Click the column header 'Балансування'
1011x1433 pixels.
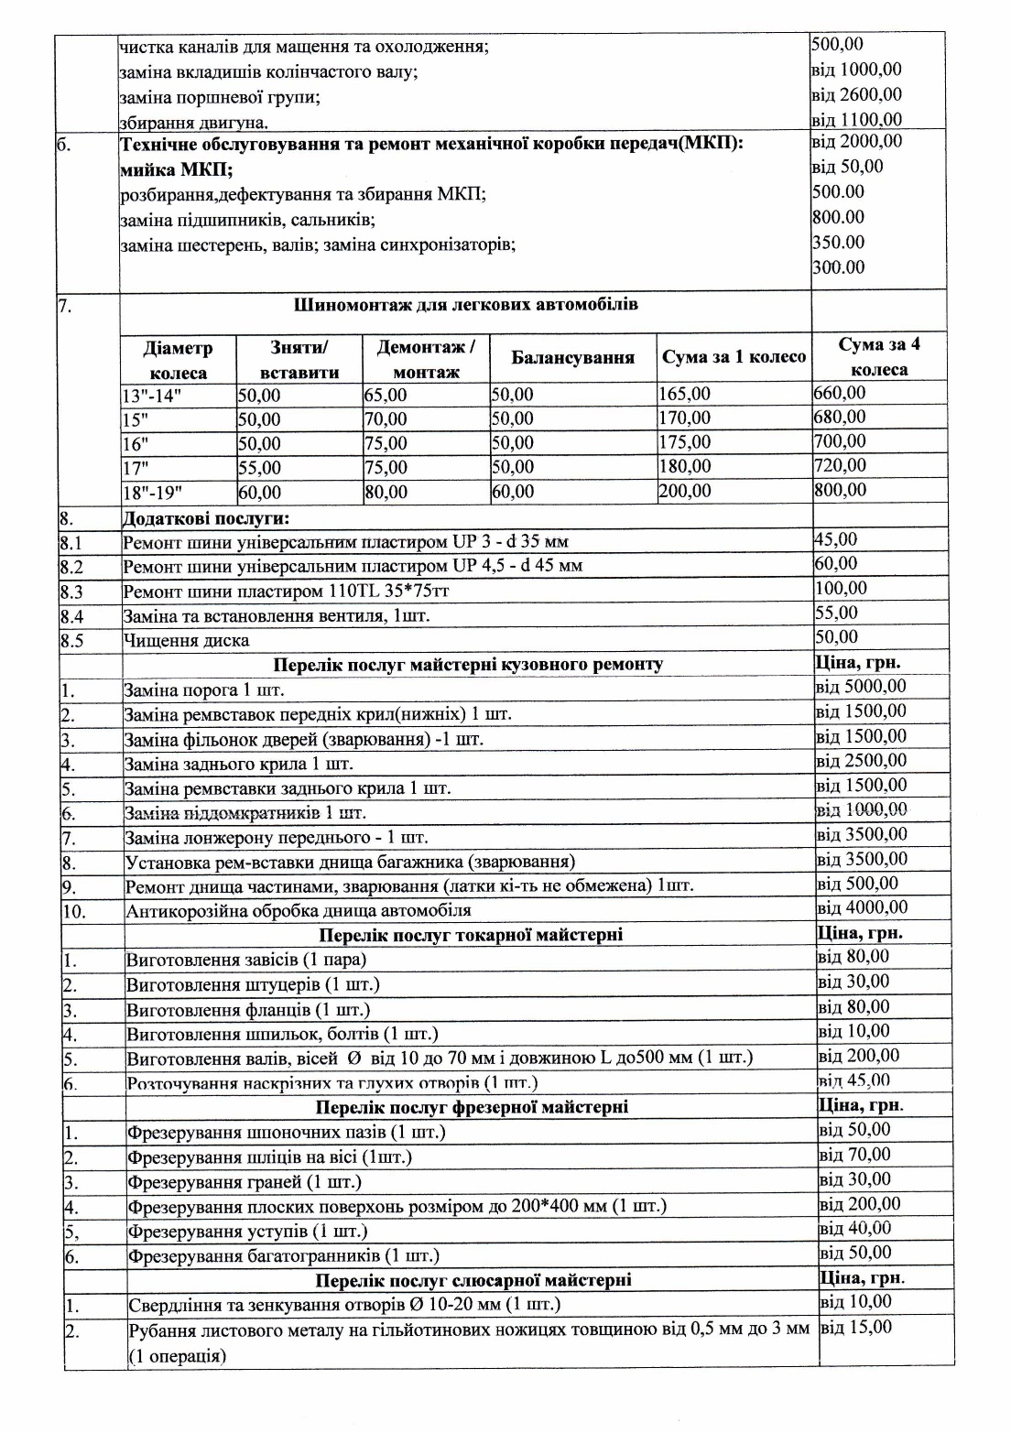[x=572, y=358]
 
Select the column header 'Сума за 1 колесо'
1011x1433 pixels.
[x=734, y=357]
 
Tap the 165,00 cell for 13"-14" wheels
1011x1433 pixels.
[x=685, y=395]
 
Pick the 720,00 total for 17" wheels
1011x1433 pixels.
[x=840, y=465]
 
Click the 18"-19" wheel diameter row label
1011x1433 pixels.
[x=152, y=492]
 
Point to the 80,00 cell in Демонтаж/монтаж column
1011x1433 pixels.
[x=386, y=492]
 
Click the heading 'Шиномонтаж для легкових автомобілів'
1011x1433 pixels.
[x=466, y=305]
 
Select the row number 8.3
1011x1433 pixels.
[x=72, y=591]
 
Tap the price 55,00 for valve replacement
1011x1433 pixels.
[x=836, y=613]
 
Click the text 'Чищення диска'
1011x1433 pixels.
[x=187, y=640]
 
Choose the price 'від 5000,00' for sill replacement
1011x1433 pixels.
[x=861, y=687]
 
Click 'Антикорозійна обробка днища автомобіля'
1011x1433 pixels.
[x=299, y=910]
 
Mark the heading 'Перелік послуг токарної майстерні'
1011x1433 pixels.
[x=471, y=935]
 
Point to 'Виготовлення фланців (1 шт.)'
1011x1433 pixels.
[x=248, y=1009]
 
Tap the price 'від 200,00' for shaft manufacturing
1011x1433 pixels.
[x=860, y=1056]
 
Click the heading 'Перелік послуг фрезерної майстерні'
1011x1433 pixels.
[x=472, y=1107]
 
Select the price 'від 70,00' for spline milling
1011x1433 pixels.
[x=855, y=1155]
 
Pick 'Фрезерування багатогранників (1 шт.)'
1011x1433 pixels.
[x=283, y=1255]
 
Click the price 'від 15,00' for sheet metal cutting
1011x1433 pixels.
[x=856, y=1327]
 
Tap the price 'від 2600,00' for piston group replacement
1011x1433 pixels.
[x=857, y=94]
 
